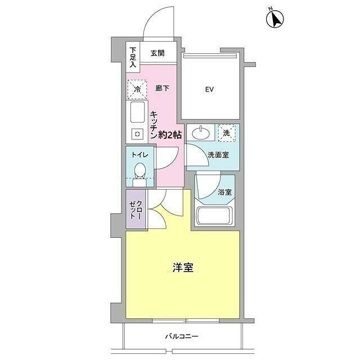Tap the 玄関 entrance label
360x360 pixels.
pos(157,54)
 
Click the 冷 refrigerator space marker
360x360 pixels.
pos(136,89)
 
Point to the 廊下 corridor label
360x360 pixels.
pos(163,88)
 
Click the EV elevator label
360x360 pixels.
pos(210,89)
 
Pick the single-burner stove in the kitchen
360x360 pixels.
pos(137,134)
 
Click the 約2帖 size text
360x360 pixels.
pos(169,135)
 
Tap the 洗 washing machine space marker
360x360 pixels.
pos(227,133)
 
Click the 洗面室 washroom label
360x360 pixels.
pos(218,155)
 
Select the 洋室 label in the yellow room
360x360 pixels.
pos(183,268)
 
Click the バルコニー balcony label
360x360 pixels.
pos(182,337)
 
